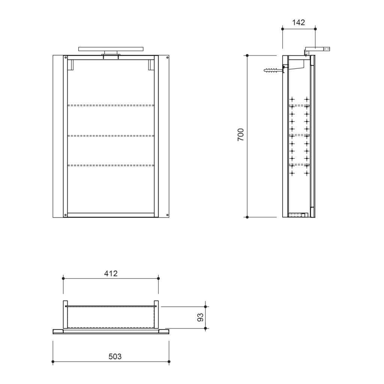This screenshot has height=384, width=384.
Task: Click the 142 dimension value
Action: pos(298,22)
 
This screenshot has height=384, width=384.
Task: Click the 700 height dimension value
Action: pos(241,135)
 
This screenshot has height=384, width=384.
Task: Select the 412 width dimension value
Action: pos(111,273)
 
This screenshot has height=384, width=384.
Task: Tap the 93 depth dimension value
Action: pos(201,317)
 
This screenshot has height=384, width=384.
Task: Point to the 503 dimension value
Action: pos(115,356)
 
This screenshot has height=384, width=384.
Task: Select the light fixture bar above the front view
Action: pos(111,49)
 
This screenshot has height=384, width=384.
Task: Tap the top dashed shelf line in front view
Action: pos(111,105)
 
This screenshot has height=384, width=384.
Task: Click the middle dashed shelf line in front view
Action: pos(111,135)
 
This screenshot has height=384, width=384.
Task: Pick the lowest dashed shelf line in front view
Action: pos(111,165)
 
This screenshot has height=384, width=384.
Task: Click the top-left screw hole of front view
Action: pos(66,57)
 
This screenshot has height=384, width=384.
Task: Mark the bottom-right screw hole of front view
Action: pos(167,215)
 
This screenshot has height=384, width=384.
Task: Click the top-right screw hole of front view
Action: pos(167,57)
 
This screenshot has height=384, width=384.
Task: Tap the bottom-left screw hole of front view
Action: pos(66,215)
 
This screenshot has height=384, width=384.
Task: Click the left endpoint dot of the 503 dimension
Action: pos(53,361)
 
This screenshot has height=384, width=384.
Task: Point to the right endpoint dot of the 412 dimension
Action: pos(158,278)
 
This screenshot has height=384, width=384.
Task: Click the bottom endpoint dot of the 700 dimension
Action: pos(247,217)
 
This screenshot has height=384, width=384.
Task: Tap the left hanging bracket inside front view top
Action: pos(70,65)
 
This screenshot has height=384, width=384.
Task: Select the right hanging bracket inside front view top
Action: pos(151,65)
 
